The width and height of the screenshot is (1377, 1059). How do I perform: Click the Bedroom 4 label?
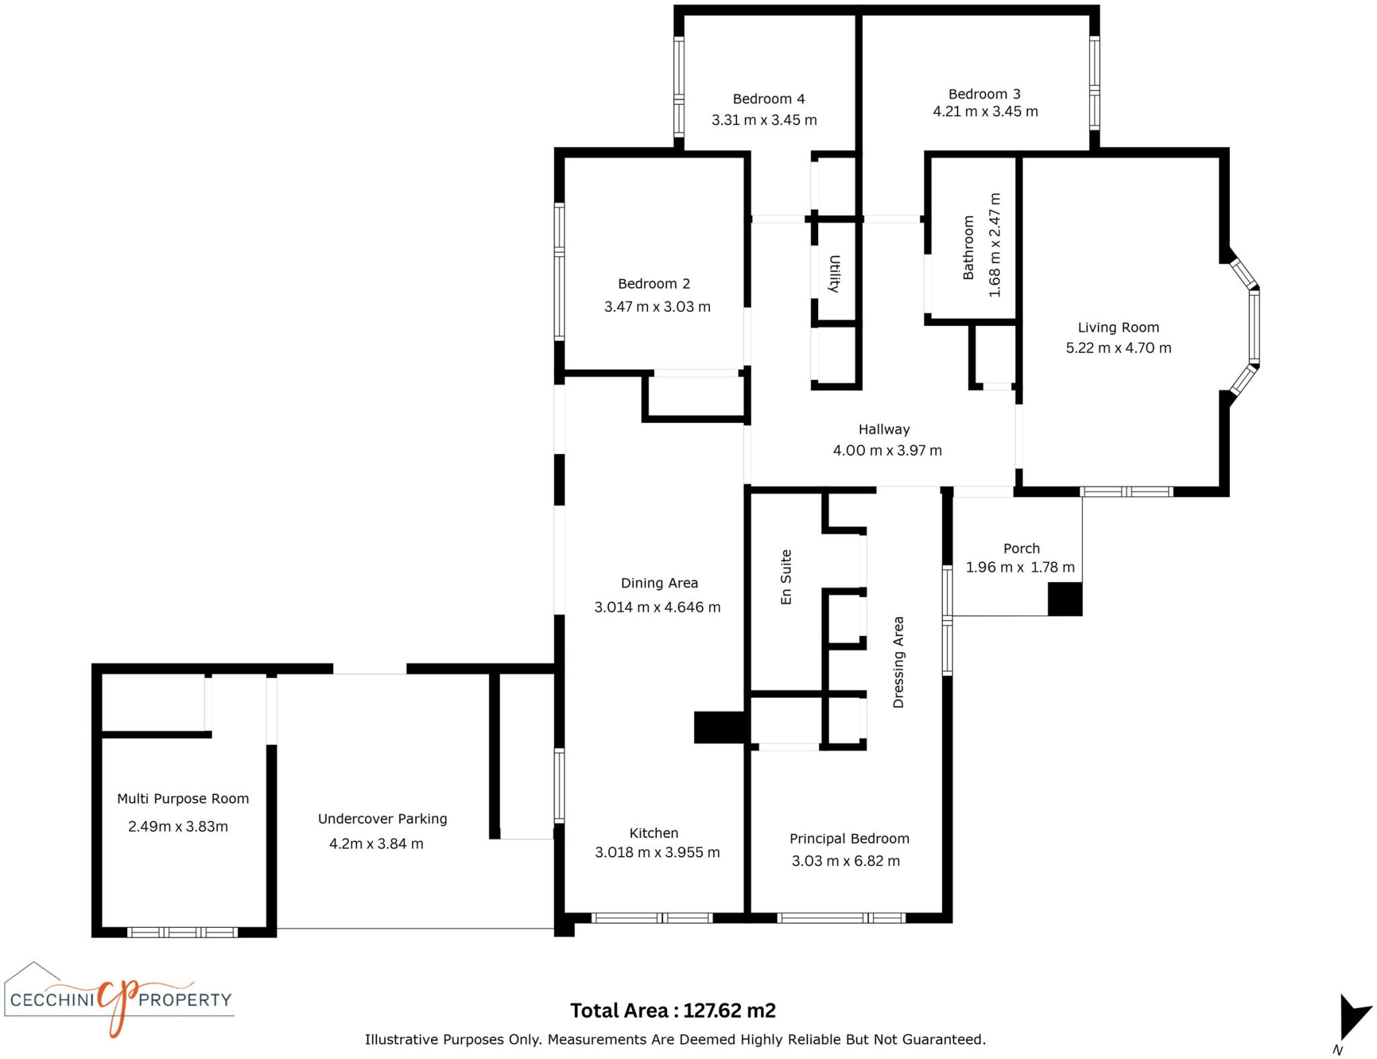pos(769,99)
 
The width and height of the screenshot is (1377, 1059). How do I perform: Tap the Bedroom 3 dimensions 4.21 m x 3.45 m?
pos(985,112)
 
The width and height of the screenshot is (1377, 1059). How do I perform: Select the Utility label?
pos(834,274)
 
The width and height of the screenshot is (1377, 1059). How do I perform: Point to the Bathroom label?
pos(968,247)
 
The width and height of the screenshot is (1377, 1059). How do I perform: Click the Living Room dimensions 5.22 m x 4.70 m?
pos(1118,348)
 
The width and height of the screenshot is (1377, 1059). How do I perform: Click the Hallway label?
pos(883,429)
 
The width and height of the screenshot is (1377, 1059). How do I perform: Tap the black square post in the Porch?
pos(1064,599)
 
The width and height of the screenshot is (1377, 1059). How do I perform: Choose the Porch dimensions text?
pos(1020,567)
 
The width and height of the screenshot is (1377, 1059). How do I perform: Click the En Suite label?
pos(786,577)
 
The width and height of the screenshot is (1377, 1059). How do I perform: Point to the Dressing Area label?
pos(898,662)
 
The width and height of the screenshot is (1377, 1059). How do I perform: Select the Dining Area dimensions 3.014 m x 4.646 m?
pos(657,607)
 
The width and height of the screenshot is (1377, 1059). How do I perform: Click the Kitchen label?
pos(654,833)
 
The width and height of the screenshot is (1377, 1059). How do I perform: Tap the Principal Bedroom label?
pos(849,838)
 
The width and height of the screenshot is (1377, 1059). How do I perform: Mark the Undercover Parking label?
pos(382,818)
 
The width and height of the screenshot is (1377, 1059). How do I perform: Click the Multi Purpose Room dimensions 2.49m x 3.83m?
pos(178,826)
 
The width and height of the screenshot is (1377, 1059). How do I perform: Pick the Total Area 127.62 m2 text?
pos(672,1011)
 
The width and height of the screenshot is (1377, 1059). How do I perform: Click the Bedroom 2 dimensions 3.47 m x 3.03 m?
pos(657,307)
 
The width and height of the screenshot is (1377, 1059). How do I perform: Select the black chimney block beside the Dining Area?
pos(718,727)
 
